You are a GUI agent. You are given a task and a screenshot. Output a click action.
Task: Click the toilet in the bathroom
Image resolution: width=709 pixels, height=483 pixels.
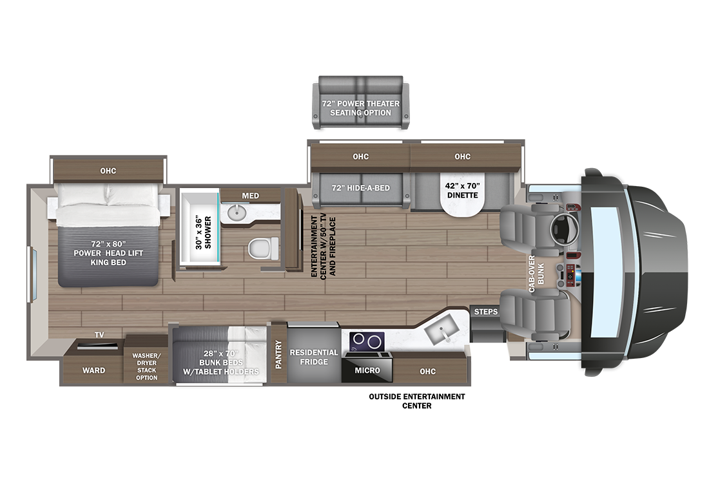pos(263,249)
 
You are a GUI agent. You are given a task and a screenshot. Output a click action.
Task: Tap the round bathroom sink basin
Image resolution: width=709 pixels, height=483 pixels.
pos(235,213)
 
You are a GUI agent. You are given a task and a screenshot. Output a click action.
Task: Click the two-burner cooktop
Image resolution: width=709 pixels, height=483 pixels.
pos(367,341)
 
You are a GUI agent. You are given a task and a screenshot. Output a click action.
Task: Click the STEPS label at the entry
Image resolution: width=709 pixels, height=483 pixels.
pos(485,312)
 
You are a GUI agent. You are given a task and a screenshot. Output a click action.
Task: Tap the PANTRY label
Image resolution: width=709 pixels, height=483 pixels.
pos(278,355)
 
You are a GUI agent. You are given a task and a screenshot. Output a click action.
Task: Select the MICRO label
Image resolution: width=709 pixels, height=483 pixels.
pos(367,370)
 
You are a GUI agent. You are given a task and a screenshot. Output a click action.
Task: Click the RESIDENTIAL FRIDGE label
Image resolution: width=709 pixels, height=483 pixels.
pos(314,357)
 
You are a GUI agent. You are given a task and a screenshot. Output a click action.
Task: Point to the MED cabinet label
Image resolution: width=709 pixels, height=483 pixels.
pos(251,196)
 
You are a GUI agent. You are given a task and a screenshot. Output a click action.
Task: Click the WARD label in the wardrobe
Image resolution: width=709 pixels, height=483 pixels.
pos(93,370)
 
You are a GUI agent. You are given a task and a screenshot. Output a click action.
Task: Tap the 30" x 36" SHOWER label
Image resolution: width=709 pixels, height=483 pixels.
pos(204,232)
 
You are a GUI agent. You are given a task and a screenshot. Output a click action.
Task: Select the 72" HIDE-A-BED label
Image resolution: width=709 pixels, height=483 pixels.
pos(361,188)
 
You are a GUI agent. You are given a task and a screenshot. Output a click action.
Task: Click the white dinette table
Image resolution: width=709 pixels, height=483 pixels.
pos(462,198)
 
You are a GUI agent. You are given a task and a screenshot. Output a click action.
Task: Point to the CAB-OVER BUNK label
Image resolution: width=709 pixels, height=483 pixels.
pos(536,274)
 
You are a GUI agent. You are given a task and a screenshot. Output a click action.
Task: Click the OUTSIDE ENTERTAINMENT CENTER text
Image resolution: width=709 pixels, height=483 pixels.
pos(417,401)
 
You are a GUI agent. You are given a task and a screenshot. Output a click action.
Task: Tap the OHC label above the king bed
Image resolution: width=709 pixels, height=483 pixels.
pos(108,171)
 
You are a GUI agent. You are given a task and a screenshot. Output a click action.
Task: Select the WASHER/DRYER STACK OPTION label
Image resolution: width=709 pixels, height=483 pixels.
pos(146,366)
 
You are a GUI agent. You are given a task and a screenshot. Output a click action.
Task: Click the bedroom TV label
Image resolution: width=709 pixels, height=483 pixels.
pos(99,335)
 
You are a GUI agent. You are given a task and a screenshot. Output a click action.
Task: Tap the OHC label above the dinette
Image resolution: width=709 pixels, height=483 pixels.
pos(463,156)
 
